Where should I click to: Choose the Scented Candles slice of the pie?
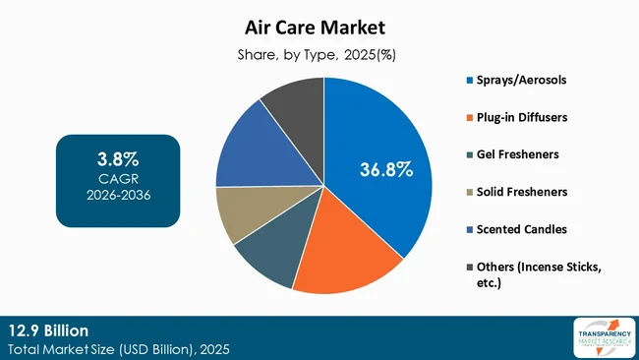[251, 148]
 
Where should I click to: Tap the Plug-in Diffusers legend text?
[522, 116]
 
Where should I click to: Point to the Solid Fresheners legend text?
[523, 191]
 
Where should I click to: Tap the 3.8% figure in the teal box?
[118, 157]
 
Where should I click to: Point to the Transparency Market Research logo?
[599, 337]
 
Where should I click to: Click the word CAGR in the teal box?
[118, 178]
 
